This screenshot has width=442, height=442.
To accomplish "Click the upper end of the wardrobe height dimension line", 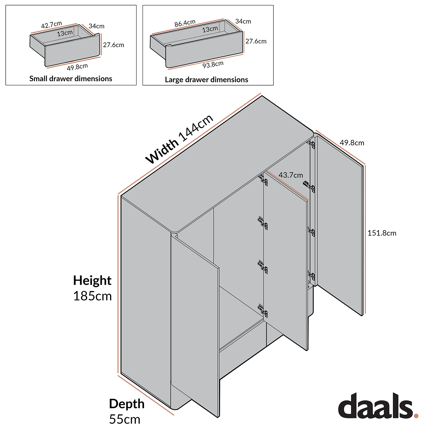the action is coord(118,195).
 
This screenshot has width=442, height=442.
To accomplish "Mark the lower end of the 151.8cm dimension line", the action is coord(365,313).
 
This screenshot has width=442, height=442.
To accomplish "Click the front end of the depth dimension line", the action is coord(173,415).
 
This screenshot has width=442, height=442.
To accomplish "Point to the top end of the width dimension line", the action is coord(261,94).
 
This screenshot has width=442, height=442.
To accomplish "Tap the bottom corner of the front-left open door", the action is coord(218,417).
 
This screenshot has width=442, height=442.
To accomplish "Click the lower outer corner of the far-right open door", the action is coord(362,316).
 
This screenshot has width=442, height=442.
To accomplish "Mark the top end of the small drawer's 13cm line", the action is coord(74,26).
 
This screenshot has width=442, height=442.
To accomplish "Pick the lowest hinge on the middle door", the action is coord(263,311).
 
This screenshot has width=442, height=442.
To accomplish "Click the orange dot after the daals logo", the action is coord(416,415).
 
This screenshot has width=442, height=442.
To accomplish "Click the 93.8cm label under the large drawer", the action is coord(213,65).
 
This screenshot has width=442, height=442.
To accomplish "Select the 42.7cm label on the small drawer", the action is coord(52,25).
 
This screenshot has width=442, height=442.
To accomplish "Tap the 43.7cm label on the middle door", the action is coord(291,175).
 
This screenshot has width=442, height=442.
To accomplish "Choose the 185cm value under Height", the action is coord(92,296).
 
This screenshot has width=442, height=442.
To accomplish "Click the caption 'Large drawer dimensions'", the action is coord(206,80).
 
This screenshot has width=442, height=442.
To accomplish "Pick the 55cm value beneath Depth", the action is coord(125,419).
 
